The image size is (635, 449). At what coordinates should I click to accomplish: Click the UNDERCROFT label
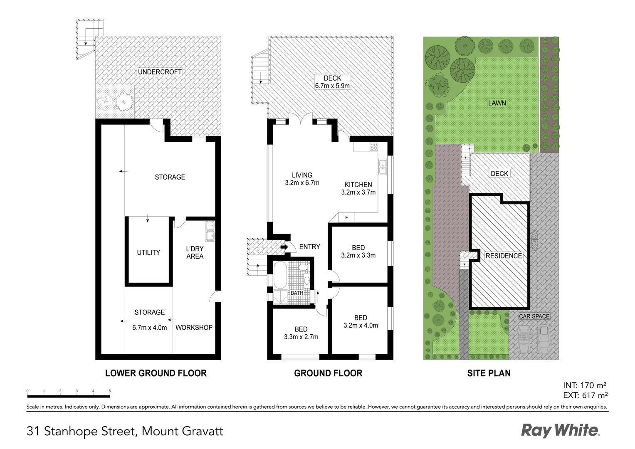[x=160, y=72]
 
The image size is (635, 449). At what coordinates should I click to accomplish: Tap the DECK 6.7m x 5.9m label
[x=332, y=82]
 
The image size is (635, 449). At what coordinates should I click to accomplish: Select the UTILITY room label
[x=148, y=252]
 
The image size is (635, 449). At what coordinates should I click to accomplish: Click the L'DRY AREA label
[x=195, y=252]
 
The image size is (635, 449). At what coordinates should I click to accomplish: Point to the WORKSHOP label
[x=194, y=328]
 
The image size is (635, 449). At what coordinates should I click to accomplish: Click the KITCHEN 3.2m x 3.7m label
[x=358, y=188]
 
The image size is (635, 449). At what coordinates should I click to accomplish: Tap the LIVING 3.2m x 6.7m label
[x=302, y=179]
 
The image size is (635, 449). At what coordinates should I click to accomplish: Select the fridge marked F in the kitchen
[x=346, y=218]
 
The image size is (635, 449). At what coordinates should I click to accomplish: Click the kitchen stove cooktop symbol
[x=373, y=146]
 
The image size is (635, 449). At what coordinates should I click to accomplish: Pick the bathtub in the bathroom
[x=280, y=275]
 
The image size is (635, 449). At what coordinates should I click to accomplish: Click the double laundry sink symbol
[x=210, y=231]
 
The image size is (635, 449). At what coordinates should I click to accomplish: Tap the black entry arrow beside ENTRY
[x=284, y=247]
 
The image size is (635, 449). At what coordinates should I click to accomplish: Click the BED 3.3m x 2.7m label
[x=301, y=333]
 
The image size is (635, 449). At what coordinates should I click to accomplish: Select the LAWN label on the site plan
[x=497, y=103]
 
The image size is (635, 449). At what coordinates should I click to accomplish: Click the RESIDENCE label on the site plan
[x=504, y=256]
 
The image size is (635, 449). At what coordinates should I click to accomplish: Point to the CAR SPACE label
[x=534, y=316]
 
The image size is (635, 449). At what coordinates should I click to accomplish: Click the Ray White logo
[x=560, y=430]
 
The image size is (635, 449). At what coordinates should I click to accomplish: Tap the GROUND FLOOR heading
[x=328, y=373]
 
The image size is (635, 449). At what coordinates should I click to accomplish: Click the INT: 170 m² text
[x=584, y=385]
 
